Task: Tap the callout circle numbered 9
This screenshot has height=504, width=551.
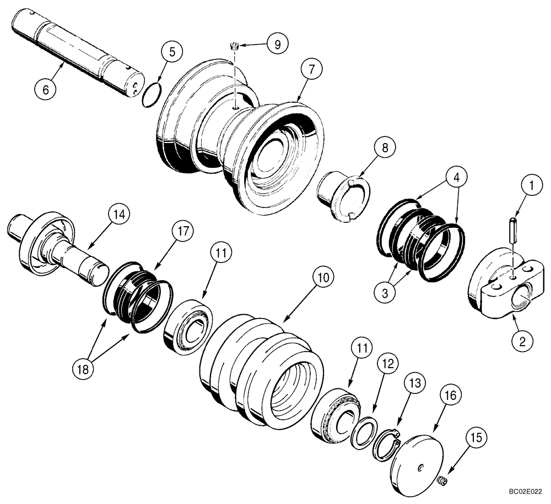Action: tap(276, 43)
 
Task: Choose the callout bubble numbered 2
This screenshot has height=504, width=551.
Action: tap(521, 340)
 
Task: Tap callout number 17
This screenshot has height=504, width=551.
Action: tap(184, 232)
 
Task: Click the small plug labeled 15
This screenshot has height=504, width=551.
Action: tap(441, 483)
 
